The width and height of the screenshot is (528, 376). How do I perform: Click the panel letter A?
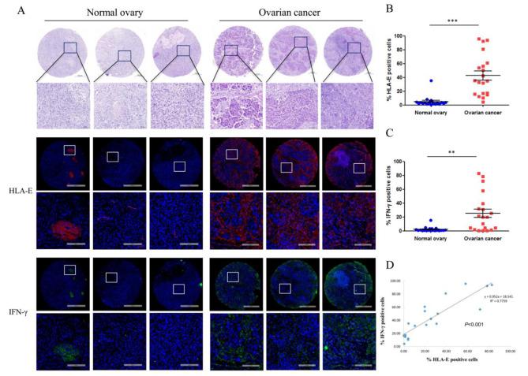coord(10,10)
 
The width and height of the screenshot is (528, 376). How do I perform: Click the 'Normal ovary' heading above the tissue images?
coord(115,12)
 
